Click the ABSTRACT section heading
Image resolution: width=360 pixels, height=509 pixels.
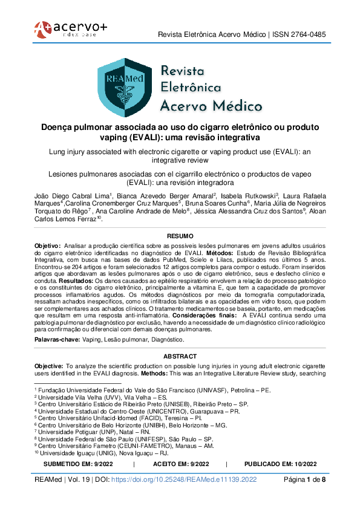pyautogui.click(x=180, y=357)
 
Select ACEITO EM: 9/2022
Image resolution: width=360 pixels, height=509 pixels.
pyautogui.click(x=179, y=464)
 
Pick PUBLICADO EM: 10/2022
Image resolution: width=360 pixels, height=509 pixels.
pyautogui.click(x=280, y=464)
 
